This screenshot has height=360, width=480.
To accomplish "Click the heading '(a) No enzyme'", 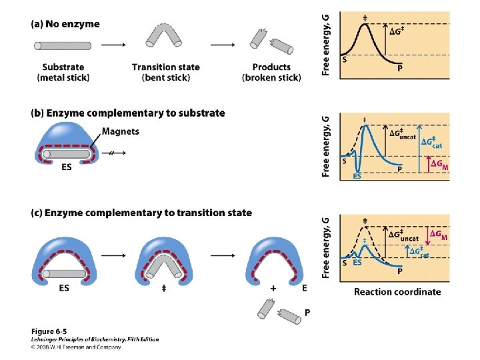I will tap(65, 25).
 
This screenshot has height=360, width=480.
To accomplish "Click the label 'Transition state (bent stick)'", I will tap(165, 72).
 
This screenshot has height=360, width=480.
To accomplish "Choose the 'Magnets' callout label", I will tap(121, 131).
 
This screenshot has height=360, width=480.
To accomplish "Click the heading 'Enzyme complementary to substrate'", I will tap(127, 113).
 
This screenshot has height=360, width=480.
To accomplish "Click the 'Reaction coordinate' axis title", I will tap(397, 291).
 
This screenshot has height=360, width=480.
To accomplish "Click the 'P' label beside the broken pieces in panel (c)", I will tap(307, 312).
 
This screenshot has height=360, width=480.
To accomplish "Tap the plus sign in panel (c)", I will tap(273, 289).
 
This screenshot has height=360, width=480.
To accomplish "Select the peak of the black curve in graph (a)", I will tap(365, 25).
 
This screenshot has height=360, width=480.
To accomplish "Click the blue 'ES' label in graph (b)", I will tap(357, 176).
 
